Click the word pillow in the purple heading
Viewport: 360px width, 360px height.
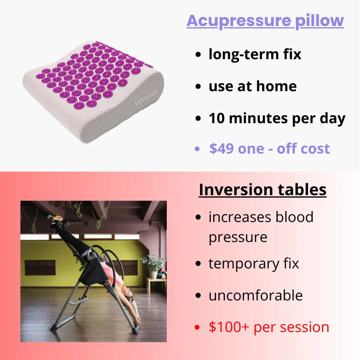(319, 21)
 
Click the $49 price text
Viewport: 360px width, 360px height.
(221, 148)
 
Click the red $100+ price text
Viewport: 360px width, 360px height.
(229, 327)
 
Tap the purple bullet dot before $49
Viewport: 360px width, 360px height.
(197, 149)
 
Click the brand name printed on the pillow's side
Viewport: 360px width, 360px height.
(146, 97)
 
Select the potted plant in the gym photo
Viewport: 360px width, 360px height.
(152, 266)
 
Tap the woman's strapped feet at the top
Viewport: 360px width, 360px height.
(56, 219)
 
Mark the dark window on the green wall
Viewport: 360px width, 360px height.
(40, 268)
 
